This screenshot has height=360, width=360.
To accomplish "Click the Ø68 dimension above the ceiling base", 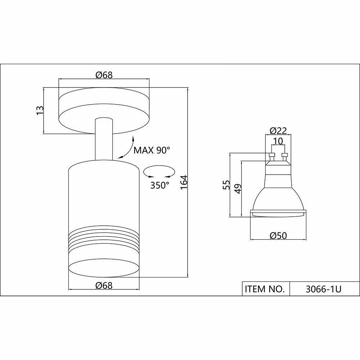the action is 104,75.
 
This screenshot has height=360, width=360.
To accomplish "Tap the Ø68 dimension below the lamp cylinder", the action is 104,285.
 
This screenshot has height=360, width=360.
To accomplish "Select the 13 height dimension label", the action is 40,111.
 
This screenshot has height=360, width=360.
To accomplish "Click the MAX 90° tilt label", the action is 152,150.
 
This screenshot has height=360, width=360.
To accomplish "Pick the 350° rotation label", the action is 160,185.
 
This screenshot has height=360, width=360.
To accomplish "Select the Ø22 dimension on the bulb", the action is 278,130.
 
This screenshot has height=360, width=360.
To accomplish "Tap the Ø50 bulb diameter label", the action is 278,235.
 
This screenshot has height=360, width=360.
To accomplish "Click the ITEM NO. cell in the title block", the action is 265,289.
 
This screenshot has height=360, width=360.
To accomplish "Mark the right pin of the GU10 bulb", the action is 285,157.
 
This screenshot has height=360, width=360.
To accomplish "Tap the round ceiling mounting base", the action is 104,108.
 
